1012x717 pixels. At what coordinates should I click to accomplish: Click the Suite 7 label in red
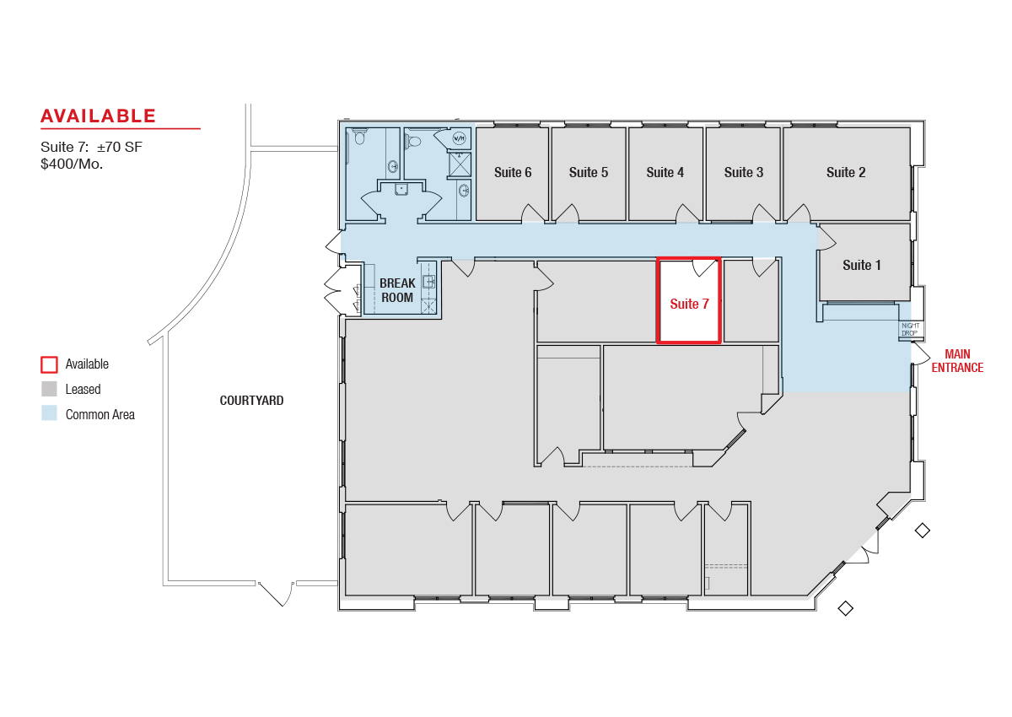(x=689, y=304)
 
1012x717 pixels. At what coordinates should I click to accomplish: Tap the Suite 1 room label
(x=862, y=265)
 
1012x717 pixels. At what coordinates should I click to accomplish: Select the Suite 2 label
(x=846, y=172)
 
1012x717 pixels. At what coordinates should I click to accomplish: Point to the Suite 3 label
(x=744, y=172)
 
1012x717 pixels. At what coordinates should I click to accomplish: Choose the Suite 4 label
(x=665, y=172)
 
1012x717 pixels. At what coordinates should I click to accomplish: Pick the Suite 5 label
(x=589, y=172)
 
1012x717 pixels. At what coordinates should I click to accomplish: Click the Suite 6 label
(x=513, y=172)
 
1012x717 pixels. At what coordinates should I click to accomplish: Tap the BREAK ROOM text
(x=397, y=290)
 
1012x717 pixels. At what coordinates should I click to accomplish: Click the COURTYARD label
(x=251, y=401)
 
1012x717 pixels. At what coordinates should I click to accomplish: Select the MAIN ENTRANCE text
(x=957, y=360)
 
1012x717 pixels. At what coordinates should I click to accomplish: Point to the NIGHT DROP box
(x=910, y=329)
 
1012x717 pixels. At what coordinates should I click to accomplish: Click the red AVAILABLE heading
(x=98, y=116)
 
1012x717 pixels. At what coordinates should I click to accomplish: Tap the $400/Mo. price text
(x=72, y=164)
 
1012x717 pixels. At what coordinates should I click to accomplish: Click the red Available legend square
(x=49, y=364)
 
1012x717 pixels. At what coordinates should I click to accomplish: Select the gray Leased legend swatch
(x=49, y=389)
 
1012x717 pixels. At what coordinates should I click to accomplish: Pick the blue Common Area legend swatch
(x=49, y=413)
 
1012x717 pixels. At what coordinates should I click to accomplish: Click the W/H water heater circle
(x=459, y=138)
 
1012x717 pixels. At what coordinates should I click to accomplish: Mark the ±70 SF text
(x=119, y=147)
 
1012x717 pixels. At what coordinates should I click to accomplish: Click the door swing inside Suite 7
(x=704, y=267)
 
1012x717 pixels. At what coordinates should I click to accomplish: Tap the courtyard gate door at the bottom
(x=275, y=594)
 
